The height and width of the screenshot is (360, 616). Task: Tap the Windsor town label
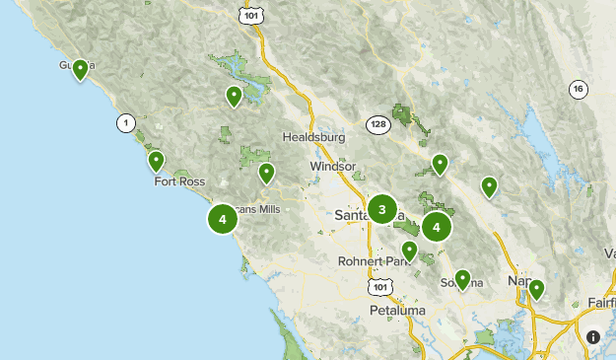click(x=332, y=167)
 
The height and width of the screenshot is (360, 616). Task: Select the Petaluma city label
click(x=396, y=311)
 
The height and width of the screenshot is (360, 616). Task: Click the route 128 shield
click(x=378, y=123)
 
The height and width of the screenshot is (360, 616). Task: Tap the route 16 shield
click(x=578, y=90)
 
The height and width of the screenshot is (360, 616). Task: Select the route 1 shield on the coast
click(x=124, y=123)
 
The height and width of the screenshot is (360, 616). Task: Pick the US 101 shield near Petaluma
click(x=380, y=285)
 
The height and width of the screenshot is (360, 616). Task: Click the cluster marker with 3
click(x=382, y=209)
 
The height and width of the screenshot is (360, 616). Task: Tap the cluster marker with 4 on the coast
click(x=224, y=219)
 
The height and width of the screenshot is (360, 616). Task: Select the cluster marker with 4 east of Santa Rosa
click(x=436, y=227)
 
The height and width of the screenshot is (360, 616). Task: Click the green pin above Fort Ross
click(x=156, y=161)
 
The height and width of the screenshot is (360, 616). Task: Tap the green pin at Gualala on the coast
click(x=80, y=70)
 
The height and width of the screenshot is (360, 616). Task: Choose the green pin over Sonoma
click(x=461, y=279)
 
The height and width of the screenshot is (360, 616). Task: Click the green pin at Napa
click(x=536, y=289)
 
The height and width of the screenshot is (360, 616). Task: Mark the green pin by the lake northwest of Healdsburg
click(x=234, y=96)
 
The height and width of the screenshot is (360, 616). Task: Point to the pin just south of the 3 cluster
click(x=409, y=251)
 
